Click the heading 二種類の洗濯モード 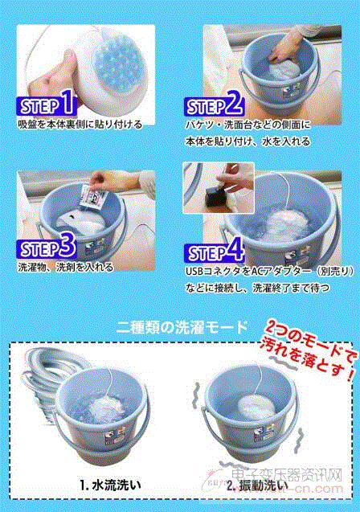point(182,327)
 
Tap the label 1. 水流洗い point(110,485)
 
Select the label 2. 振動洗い point(257,485)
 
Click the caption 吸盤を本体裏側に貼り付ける point(80,125)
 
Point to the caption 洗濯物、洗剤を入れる point(66,268)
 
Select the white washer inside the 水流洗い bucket point(107,408)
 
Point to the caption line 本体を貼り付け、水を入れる point(247,141)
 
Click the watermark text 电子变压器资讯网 point(287,475)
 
